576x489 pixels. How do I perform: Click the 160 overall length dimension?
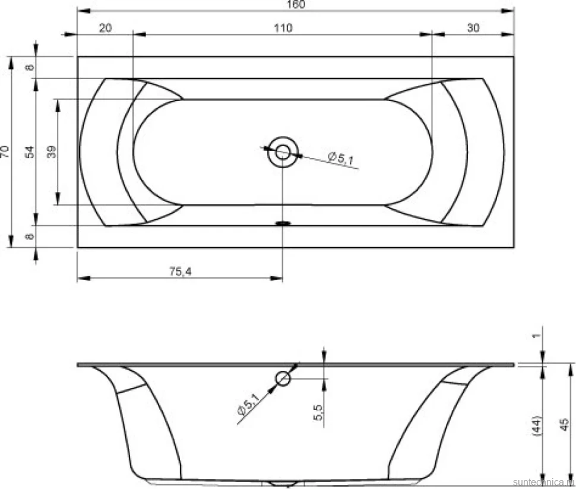pyautogui.click(x=296, y=4)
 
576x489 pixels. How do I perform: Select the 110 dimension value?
pyautogui.click(x=283, y=28)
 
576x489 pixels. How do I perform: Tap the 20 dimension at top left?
pyautogui.click(x=105, y=28)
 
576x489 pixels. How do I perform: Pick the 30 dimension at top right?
pyautogui.click(x=473, y=28)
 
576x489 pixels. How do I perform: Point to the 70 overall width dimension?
pyautogui.click(x=5, y=152)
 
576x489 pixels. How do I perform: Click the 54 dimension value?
pyautogui.click(x=30, y=152)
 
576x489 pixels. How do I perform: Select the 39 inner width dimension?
pyautogui.click(x=52, y=152)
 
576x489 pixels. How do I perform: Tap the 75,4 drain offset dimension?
pyautogui.click(x=181, y=272)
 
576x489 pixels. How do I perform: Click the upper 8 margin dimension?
pyautogui.click(x=30, y=67)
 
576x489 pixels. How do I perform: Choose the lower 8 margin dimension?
pyautogui.click(x=30, y=236)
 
